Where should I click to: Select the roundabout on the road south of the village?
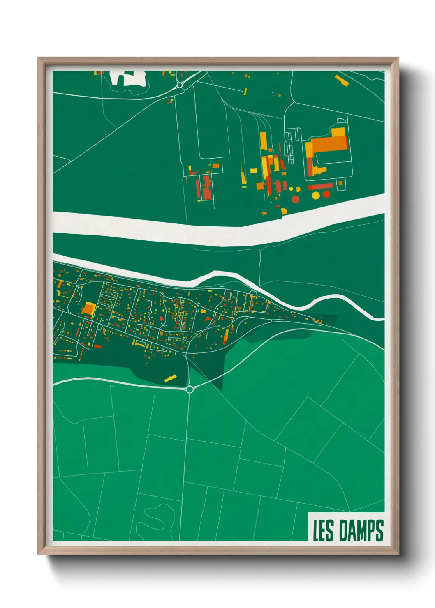point(190,389)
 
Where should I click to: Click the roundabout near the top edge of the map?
point(180,85)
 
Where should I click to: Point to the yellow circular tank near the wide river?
point(316,196)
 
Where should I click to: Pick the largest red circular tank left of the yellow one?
point(296,200)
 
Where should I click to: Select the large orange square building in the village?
point(88,309)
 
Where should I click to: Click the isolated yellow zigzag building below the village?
point(170,378)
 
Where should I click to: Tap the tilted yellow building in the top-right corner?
point(342,81)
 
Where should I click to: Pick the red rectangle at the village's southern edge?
point(97,346)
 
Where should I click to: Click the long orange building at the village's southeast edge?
point(226,338)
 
